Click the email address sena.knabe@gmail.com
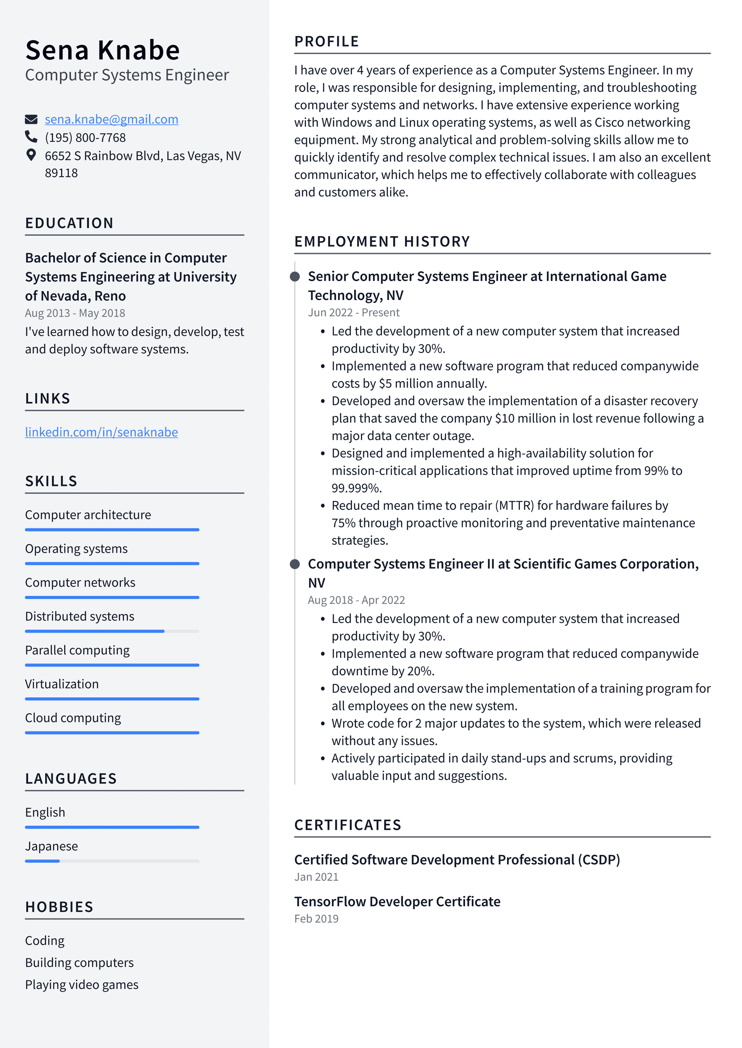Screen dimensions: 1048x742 pyautogui.click(x=111, y=120)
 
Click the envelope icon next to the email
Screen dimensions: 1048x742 pyautogui.click(x=31, y=120)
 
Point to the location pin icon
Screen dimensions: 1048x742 pyautogui.click(x=31, y=155)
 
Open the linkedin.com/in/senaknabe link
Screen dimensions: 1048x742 pyautogui.click(x=101, y=432)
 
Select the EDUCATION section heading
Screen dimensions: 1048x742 pyautogui.click(x=70, y=223)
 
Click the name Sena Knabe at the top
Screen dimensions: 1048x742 pyautogui.click(x=103, y=50)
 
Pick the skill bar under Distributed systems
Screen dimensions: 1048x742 pyautogui.click(x=112, y=631)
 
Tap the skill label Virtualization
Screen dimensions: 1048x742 pyautogui.click(x=62, y=684)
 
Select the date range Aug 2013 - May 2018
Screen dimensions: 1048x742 pyautogui.click(x=75, y=313)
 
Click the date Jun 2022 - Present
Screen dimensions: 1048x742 pyautogui.click(x=354, y=313)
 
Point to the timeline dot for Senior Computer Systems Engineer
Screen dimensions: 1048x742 pyautogui.click(x=295, y=276)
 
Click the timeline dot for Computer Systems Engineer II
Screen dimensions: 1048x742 pyautogui.click(x=295, y=564)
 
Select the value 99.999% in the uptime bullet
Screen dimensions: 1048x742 pyautogui.click(x=356, y=488)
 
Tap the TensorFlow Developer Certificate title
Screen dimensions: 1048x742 pyautogui.click(x=397, y=902)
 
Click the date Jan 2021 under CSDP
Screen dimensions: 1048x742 pyautogui.click(x=316, y=877)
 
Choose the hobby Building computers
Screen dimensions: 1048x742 pyautogui.click(x=80, y=963)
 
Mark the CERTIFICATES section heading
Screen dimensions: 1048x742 pyautogui.click(x=348, y=825)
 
